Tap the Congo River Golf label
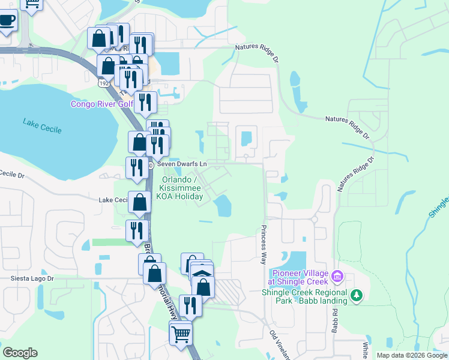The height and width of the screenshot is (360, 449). coord(102,104)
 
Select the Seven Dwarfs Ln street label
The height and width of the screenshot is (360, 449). coord(182,164)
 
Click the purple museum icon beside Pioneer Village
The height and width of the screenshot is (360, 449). coord(337,277)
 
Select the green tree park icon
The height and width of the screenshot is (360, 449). coord(357,295)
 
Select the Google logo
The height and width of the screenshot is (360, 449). coord(20,353)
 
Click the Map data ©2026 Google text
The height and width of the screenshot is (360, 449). coord(412,355)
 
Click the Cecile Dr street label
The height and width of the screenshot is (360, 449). coord(11,175)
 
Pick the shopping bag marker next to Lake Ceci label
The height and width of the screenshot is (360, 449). coord(139,202)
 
